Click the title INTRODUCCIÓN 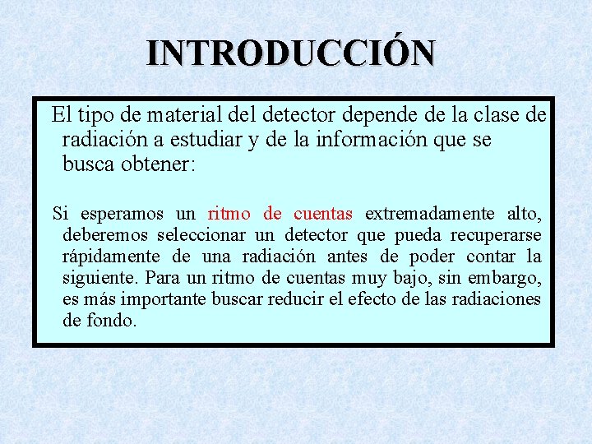coord(291,53)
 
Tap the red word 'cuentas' coord(322,214)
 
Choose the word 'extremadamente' coord(429,214)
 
